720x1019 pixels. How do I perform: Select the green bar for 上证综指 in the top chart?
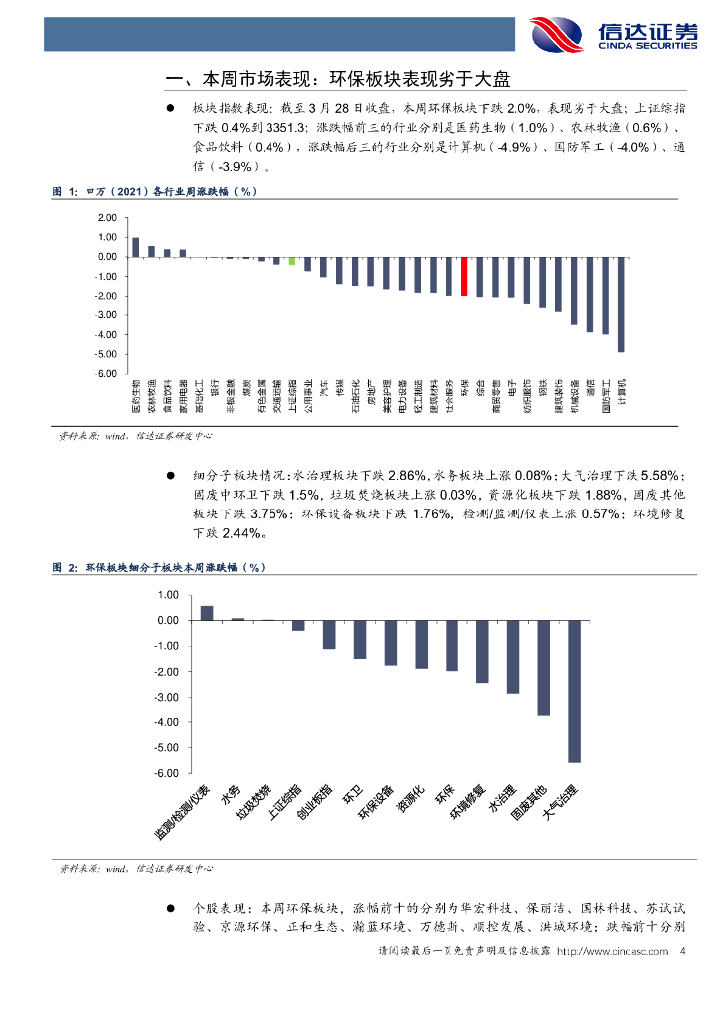click(292, 261)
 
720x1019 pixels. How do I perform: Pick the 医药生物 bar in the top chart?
click(135, 247)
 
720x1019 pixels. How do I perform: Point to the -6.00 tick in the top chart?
click(107, 374)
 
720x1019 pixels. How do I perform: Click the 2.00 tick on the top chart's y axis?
click(108, 217)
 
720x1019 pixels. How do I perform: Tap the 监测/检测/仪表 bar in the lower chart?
click(207, 613)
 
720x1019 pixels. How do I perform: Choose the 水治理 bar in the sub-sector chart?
click(513, 657)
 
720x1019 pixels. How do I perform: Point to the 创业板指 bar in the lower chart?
click(329, 635)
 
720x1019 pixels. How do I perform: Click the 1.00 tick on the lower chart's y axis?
click(168, 594)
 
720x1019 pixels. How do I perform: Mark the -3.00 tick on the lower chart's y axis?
click(166, 697)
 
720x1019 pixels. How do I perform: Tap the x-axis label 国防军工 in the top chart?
click(605, 395)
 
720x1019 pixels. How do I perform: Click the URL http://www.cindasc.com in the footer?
click(613, 953)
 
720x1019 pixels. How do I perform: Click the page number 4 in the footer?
click(682, 953)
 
